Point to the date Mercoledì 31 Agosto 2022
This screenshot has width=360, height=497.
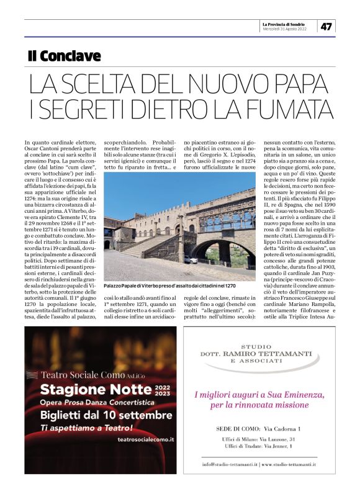point(286,29)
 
